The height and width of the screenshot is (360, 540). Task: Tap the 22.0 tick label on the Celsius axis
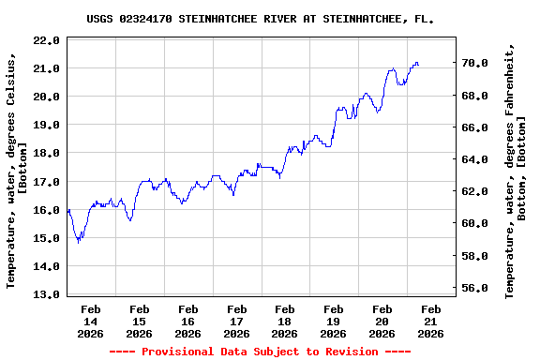(x=45, y=40)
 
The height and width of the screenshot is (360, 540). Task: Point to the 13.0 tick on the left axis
(x=45, y=294)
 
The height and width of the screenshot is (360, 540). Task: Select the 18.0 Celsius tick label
(x=45, y=153)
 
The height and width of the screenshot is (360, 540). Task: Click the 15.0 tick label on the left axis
(x=45, y=238)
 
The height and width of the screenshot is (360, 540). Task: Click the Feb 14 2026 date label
(x=91, y=321)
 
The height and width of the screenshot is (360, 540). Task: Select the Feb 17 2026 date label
(x=236, y=321)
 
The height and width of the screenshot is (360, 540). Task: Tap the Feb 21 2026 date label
(x=430, y=321)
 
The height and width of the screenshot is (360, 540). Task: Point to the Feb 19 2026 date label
(x=334, y=321)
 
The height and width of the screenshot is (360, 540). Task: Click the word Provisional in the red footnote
(x=181, y=352)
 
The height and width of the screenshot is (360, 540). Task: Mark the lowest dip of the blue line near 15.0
(x=79, y=242)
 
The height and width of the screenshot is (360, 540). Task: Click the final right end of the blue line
(x=418, y=65)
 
